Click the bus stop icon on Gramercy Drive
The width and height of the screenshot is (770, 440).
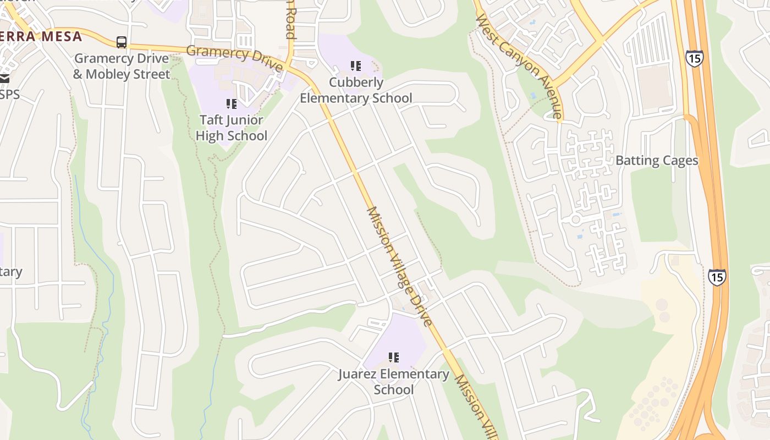point(122,42)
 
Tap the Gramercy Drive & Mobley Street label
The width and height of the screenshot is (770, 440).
point(122,66)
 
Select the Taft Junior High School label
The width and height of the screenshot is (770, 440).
point(232,128)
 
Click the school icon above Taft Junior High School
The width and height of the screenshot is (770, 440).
point(232,103)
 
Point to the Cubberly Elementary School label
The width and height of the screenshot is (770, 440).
point(356,90)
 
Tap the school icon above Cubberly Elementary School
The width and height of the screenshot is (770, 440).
point(356,66)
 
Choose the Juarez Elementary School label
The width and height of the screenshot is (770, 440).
point(393,382)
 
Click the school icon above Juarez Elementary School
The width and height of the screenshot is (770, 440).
point(393,358)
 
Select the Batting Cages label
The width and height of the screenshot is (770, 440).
point(657,161)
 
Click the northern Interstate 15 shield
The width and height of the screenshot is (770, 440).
point(694,58)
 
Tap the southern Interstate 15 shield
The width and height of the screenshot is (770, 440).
point(717,277)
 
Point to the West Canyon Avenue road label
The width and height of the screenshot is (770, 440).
point(519,66)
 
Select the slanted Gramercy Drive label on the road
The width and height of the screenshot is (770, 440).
point(235,59)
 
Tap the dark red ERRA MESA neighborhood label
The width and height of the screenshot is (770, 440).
point(41,37)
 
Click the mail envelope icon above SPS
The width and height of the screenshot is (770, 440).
point(4,79)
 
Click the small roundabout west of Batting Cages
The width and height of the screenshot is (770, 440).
point(576,219)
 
